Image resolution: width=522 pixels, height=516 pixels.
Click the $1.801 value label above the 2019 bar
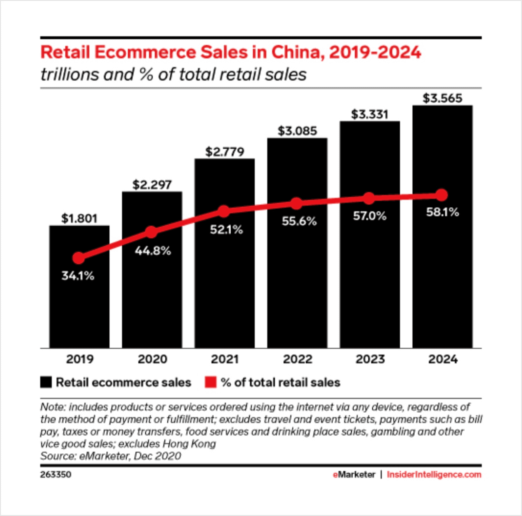pos(79,218)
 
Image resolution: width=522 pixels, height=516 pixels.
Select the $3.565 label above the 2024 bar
pos(442,98)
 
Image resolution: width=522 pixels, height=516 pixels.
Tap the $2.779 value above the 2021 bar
pos(224,152)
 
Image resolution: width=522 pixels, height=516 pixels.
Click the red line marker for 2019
pos(79,258)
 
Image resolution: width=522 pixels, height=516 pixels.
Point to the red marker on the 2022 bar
pos(296,204)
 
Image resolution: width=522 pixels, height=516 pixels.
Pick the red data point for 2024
pos(442,195)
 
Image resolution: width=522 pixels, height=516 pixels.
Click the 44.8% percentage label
pos(153,251)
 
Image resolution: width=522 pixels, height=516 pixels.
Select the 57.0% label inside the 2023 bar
pos(370,216)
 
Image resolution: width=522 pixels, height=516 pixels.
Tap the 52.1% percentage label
pos(226,230)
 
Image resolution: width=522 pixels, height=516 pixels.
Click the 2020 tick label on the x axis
pos(152,359)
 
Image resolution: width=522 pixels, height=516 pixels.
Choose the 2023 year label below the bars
pos(370,359)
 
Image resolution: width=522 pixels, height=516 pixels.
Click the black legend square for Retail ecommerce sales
pos(46,382)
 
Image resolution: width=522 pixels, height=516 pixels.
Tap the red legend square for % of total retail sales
pos(210,382)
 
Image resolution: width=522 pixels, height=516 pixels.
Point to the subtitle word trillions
pos(69,74)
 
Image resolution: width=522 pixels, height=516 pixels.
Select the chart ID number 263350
pos(55,474)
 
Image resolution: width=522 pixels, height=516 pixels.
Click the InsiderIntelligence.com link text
pos(434,474)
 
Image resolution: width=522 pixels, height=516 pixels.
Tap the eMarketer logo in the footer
pos(354,474)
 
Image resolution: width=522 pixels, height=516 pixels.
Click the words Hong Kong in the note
pos(189,444)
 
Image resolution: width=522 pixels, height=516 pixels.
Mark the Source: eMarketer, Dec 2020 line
pos(111,456)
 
